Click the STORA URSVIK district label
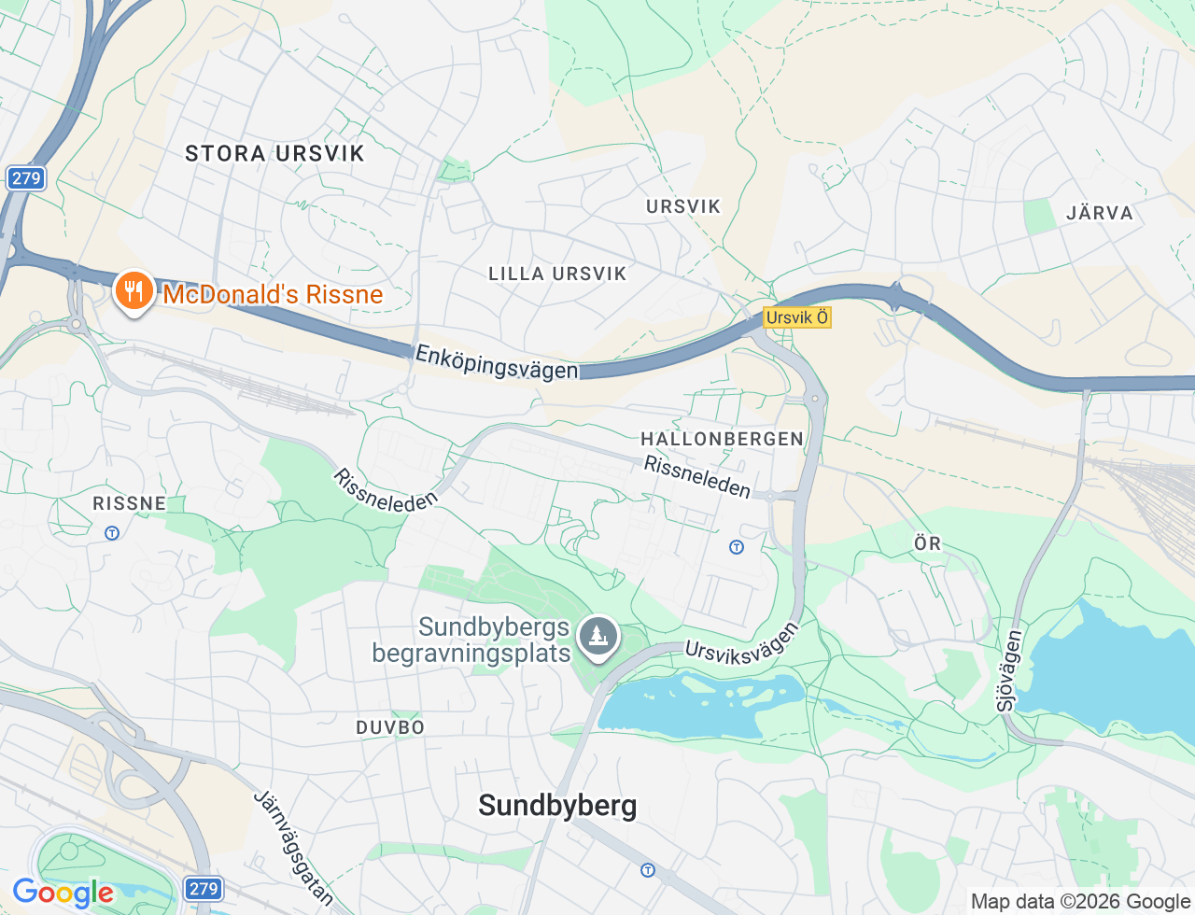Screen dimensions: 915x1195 [x=274, y=153]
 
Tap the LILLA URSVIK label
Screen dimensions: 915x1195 [x=557, y=274]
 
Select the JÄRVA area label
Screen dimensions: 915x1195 [x=1100, y=213]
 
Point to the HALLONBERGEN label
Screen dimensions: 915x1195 [x=722, y=439]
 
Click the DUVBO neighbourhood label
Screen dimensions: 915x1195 [x=390, y=727]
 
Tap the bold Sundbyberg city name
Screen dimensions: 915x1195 [x=557, y=805]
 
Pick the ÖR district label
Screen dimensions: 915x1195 [x=927, y=543]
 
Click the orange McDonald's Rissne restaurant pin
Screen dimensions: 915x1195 [x=134, y=291]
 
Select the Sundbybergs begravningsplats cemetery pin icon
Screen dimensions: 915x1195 [x=597, y=637]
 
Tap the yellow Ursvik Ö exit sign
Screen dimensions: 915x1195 [x=796, y=317]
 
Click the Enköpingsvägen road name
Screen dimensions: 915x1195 [x=497, y=362]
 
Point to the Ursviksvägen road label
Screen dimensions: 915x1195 [x=742, y=643]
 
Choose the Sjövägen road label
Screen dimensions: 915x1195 [x=1009, y=670]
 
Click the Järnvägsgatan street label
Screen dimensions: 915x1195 [x=294, y=848]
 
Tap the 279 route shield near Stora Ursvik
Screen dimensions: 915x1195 [x=26, y=178]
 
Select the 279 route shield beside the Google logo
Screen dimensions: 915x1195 [x=203, y=889]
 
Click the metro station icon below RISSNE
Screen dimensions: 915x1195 [x=112, y=533]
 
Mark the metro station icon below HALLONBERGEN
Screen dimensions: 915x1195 [x=737, y=547]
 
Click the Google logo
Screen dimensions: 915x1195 [x=63, y=893]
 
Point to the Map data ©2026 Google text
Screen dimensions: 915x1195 [x=1080, y=901]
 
